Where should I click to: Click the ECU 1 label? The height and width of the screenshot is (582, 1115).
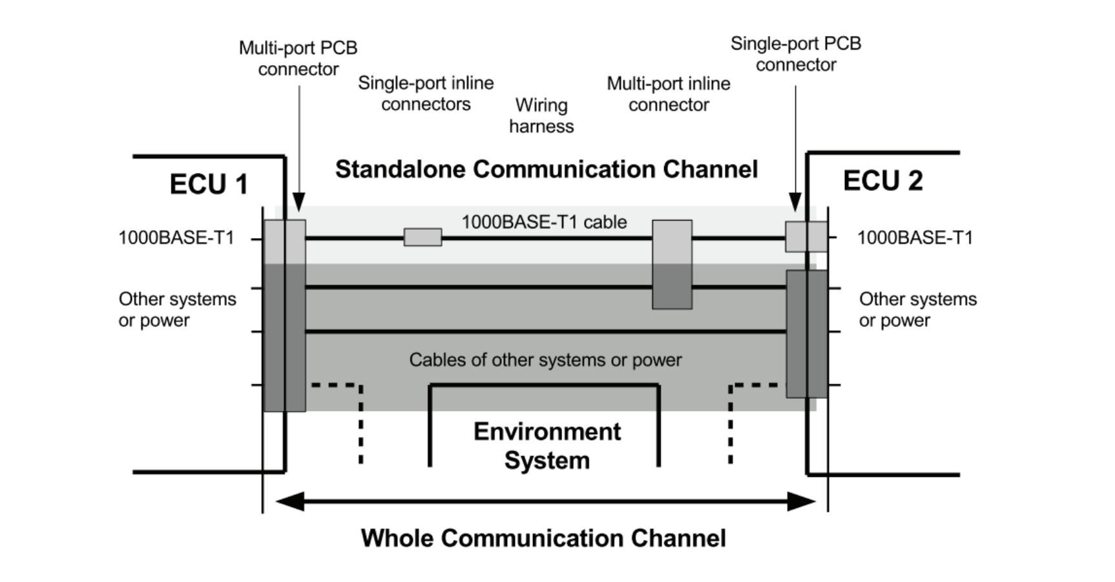(209, 185)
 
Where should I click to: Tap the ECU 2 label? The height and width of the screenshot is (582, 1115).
(882, 181)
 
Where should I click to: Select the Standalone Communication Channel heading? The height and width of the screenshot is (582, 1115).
(546, 169)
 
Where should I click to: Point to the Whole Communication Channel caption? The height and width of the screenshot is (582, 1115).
(543, 538)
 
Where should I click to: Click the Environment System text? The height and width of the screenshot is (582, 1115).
(547, 446)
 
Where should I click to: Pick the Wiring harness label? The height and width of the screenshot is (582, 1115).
(541, 115)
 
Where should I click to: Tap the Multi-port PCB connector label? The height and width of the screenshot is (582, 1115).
(298, 58)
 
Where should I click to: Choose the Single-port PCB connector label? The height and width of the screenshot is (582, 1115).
(796, 54)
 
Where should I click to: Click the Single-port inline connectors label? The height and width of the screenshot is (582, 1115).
(426, 94)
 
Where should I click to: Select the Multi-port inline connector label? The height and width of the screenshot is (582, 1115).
(669, 94)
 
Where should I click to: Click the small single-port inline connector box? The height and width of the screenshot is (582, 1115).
(422, 237)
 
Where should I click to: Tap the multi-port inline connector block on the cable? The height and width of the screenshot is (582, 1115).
(672, 265)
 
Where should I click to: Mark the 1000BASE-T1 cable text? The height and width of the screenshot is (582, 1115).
(544, 222)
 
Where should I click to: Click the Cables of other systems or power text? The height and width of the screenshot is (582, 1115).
(545, 360)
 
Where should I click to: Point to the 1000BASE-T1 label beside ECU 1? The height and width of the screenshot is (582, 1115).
(176, 238)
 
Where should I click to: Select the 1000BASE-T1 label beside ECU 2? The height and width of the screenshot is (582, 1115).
(915, 238)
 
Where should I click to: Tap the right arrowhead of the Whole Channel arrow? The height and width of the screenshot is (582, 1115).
(802, 501)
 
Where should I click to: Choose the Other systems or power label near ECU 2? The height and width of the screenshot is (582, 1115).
(917, 310)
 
